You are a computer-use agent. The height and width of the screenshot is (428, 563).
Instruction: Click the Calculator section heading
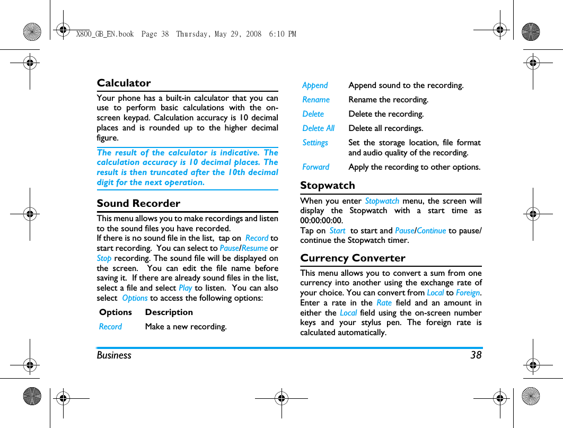point(124,83)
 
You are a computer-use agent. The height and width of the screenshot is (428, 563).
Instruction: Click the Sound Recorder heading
point(138,204)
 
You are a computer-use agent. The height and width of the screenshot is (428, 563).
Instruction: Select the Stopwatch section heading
point(328,186)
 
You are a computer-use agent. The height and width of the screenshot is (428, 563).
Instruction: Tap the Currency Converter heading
point(353,258)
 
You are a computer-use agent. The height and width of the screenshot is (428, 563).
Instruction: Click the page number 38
point(476,355)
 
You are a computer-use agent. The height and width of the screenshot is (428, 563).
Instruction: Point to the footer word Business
point(114,355)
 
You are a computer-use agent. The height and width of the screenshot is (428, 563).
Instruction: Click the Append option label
point(315,85)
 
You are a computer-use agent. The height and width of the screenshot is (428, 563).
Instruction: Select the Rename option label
point(316,100)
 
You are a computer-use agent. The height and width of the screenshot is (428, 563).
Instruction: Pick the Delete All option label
point(318,128)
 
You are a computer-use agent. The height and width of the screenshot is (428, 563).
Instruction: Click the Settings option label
point(315,143)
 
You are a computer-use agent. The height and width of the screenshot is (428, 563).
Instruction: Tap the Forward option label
point(315,167)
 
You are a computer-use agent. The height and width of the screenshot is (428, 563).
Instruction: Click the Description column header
point(169,312)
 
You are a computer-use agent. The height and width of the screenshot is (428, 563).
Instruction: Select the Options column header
point(115,312)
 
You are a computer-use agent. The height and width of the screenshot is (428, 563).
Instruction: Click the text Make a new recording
point(186,327)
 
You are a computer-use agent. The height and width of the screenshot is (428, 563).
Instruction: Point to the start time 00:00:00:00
point(321,221)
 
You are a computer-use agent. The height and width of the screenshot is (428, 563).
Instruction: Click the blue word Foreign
point(468,293)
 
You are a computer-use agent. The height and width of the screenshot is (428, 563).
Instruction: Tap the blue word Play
point(185,288)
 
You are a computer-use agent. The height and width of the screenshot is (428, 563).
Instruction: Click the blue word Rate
point(384,303)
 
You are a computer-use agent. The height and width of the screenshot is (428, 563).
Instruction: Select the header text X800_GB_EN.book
point(105,34)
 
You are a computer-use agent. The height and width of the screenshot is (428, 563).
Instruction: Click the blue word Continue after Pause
point(432,231)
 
